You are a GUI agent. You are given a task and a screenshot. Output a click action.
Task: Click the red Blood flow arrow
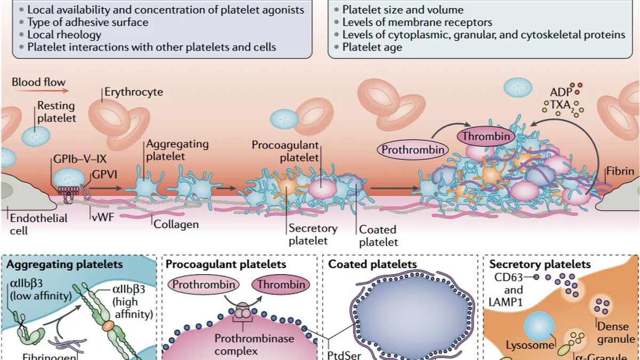click(41, 91)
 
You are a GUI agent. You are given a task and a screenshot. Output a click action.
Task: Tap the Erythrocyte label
click(134, 92)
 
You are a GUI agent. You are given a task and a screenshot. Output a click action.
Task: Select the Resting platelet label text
click(57, 111)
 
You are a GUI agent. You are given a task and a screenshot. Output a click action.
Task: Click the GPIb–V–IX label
click(80, 159)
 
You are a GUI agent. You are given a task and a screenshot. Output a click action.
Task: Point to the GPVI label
click(105, 174)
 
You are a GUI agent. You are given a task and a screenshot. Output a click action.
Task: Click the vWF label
click(103, 218)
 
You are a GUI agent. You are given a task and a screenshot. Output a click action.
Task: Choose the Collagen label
click(176, 225)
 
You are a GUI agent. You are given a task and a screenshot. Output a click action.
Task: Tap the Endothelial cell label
click(39, 225)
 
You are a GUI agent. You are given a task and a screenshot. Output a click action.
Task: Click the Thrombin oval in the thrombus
click(486, 137)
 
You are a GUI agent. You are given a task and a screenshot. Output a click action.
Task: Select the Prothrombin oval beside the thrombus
click(413, 150)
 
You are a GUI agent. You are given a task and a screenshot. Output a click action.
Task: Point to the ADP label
click(561, 92)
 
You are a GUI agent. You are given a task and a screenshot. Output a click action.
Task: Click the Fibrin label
click(620, 171)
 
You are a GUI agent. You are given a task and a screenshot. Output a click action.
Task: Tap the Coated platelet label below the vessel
click(378, 236)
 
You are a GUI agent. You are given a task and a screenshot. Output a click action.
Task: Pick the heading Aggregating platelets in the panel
click(65, 265)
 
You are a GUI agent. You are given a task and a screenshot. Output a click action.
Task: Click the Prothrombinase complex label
click(254, 345)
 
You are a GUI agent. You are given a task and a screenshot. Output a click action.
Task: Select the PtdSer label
click(344, 355)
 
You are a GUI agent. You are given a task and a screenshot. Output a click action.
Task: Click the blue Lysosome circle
click(539, 326)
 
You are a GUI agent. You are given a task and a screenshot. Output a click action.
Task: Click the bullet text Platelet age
click(372, 47)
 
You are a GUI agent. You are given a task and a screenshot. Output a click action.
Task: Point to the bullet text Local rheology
click(65, 35)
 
